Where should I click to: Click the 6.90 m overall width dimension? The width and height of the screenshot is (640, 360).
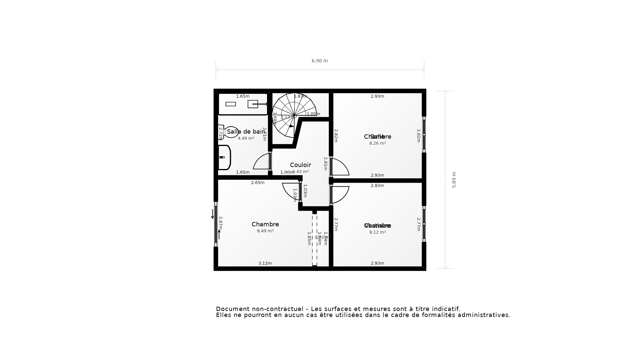(x=319, y=61)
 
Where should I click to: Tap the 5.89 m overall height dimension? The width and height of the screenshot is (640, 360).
(x=454, y=180)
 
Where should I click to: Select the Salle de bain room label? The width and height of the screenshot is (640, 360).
(x=246, y=132)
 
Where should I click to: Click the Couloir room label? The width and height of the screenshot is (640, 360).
(x=300, y=165)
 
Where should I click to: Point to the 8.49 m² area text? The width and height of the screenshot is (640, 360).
(x=265, y=231)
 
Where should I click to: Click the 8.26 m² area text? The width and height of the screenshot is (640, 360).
(x=377, y=143)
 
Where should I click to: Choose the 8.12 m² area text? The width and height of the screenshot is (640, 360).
(x=377, y=232)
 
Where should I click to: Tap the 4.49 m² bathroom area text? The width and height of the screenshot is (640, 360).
(x=246, y=138)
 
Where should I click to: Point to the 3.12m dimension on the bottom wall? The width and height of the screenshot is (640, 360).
(x=265, y=263)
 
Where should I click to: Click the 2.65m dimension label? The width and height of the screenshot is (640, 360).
(x=258, y=183)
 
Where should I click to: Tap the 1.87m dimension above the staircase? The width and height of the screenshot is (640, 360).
(x=300, y=96)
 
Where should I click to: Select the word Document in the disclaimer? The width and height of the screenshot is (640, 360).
(x=233, y=309)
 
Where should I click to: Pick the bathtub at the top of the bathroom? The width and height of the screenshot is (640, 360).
(x=243, y=104)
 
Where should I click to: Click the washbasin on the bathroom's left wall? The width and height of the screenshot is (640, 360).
(x=224, y=157)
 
